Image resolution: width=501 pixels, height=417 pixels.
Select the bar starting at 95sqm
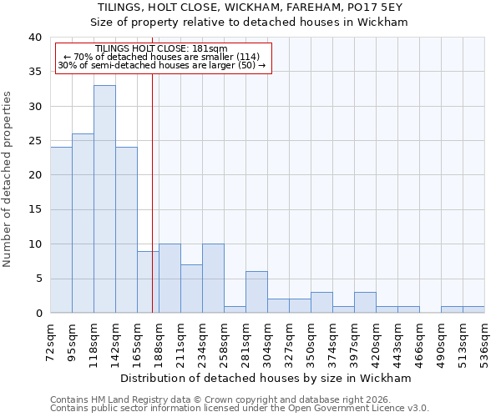[x=83, y=223]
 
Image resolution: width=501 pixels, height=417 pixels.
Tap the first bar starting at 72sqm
[x=61, y=229]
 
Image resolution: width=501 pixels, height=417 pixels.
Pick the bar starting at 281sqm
[x=256, y=292]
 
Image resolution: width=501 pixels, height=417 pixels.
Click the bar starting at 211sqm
[x=191, y=289]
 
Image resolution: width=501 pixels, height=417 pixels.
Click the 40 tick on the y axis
[x=35, y=38]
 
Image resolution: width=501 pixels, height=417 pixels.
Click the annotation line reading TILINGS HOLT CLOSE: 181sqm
[x=161, y=49]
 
